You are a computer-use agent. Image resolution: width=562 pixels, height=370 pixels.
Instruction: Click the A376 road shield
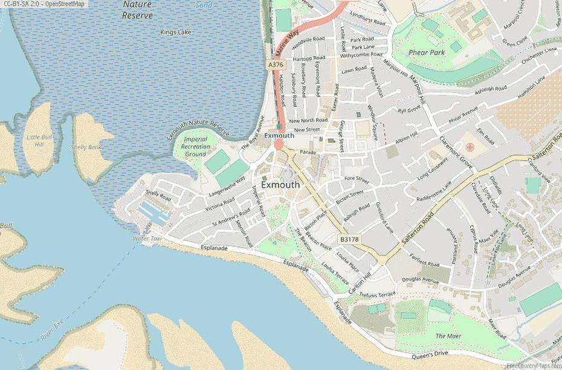[275, 65]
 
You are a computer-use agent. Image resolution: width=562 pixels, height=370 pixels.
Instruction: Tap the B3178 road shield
[349, 240]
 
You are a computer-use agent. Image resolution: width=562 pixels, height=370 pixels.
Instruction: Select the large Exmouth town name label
[280, 185]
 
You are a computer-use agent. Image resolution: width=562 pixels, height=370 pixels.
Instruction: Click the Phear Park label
[427, 53]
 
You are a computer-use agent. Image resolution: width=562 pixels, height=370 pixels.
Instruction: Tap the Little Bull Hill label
[39, 141]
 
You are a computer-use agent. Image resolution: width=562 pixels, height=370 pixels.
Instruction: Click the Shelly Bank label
[86, 147]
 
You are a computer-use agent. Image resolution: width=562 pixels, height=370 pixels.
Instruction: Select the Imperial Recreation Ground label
[196, 147]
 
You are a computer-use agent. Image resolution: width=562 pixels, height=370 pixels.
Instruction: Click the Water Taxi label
[148, 239]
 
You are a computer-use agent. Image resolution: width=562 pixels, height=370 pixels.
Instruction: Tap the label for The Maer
[448, 336]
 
